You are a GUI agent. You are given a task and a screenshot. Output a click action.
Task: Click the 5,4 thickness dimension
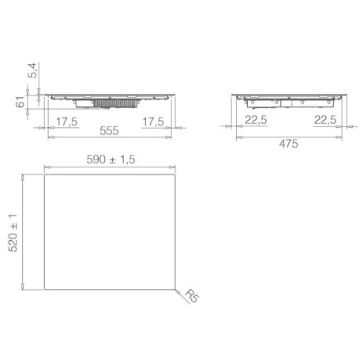(33, 70)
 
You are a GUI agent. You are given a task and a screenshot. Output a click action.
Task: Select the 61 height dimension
(21, 102)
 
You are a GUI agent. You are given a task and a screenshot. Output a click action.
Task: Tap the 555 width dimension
(109, 131)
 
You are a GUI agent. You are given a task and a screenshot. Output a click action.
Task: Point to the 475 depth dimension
(289, 144)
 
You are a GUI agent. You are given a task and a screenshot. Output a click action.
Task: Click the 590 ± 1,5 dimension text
(111, 159)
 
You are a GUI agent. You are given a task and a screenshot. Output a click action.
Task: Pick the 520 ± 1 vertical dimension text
(13, 233)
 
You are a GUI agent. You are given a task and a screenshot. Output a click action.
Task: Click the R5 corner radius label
(193, 296)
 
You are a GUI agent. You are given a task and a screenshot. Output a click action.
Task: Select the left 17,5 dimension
(67, 122)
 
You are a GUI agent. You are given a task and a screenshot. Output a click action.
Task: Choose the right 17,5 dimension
(153, 122)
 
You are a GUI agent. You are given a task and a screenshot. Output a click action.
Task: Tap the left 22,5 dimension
(256, 120)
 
